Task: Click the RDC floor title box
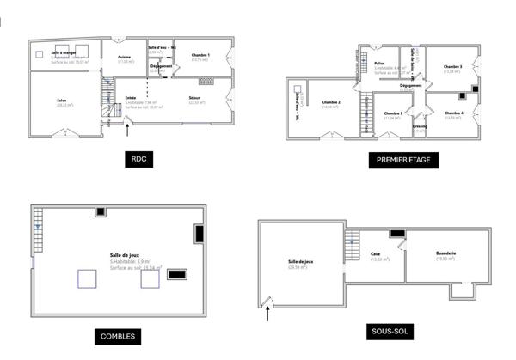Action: point(137,159)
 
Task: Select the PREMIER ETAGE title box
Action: point(403,159)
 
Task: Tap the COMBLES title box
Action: point(117,336)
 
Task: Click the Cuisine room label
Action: point(125,58)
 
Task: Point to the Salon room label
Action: point(62,101)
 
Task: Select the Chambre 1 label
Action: point(200,57)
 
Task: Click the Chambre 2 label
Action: point(331,104)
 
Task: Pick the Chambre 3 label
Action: point(452,68)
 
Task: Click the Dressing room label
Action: point(420,126)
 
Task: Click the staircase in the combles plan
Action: point(38,226)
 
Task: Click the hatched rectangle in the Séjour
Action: point(206,82)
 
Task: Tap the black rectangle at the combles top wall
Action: point(101,211)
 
